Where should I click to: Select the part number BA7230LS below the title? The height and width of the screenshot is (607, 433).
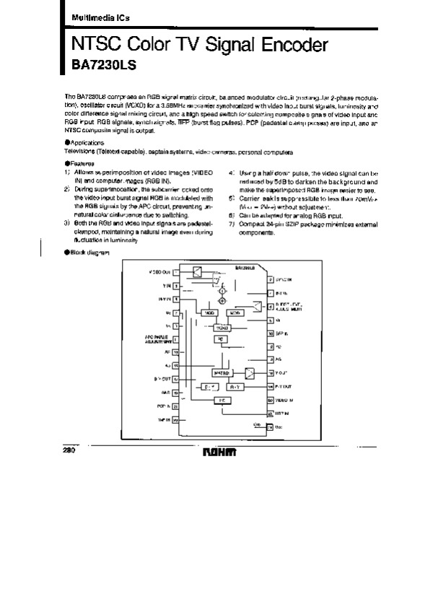point(103,64)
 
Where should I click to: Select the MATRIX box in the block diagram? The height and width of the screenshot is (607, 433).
point(221,372)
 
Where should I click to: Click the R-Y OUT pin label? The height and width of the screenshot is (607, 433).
point(162,377)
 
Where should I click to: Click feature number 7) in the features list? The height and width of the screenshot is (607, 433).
point(232,224)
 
